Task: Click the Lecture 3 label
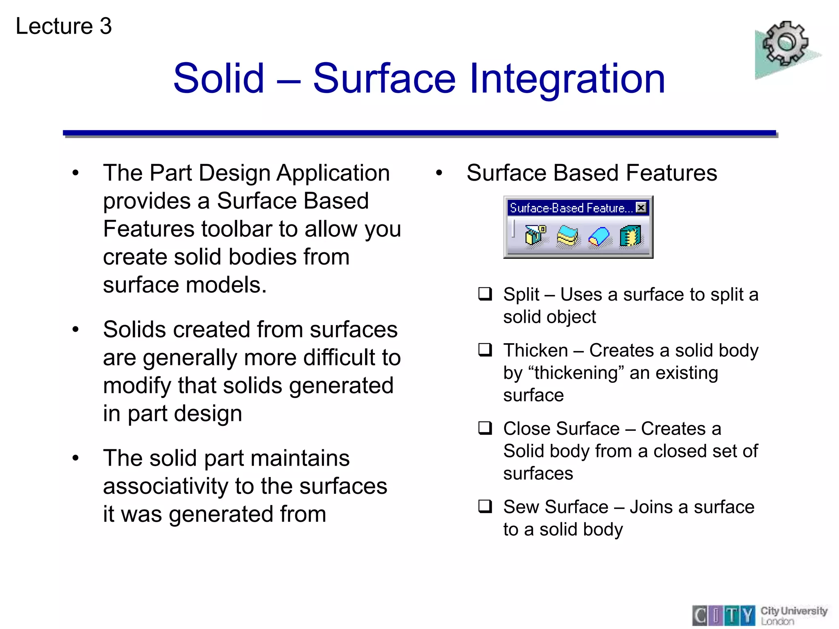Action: [x=63, y=26]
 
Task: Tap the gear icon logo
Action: [x=785, y=44]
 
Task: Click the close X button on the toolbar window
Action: [x=641, y=208]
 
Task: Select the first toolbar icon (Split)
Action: [x=535, y=235]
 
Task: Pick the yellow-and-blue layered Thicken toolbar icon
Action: [x=567, y=236]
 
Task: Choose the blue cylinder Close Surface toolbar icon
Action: [x=599, y=237]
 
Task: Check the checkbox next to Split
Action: [x=485, y=294]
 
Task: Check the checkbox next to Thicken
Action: [x=485, y=350]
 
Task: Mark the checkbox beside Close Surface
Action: [x=485, y=428]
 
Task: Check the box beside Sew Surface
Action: [x=485, y=506]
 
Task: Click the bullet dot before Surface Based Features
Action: [x=439, y=173]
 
